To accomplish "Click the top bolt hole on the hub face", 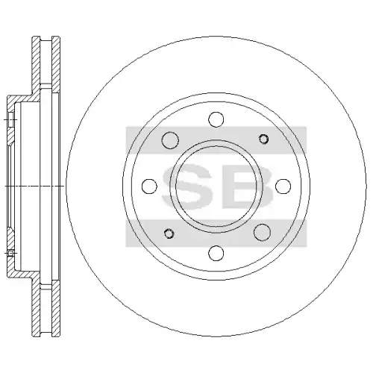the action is (216, 119).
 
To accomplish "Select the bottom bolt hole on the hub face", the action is (216, 253).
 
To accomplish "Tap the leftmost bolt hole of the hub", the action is (149, 186).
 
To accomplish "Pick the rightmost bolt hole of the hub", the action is (283, 186).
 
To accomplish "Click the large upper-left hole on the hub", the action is (170, 140).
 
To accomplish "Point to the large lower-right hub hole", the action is (262, 232).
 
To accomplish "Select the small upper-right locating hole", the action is (263, 139).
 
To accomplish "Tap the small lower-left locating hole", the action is (169, 233).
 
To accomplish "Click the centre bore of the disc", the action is (216, 186).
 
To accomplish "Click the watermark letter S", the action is (187, 186).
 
